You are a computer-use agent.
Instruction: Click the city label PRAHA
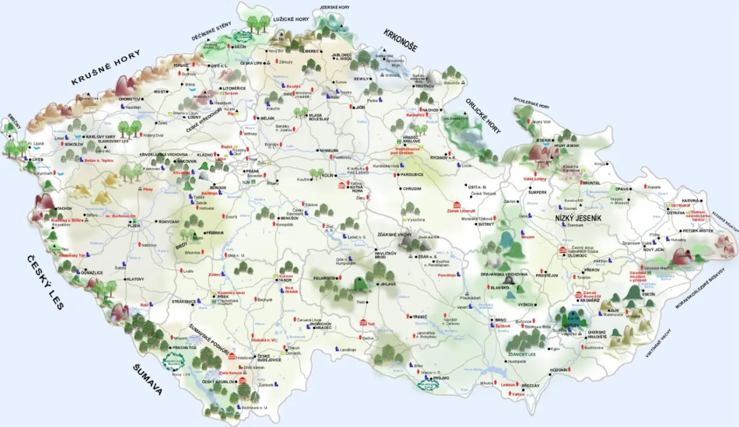(x=252, y=171)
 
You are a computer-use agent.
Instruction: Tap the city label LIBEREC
(x=309, y=51)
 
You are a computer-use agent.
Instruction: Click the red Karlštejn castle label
(x=208, y=193)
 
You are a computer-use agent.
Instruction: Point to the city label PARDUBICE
(x=412, y=174)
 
